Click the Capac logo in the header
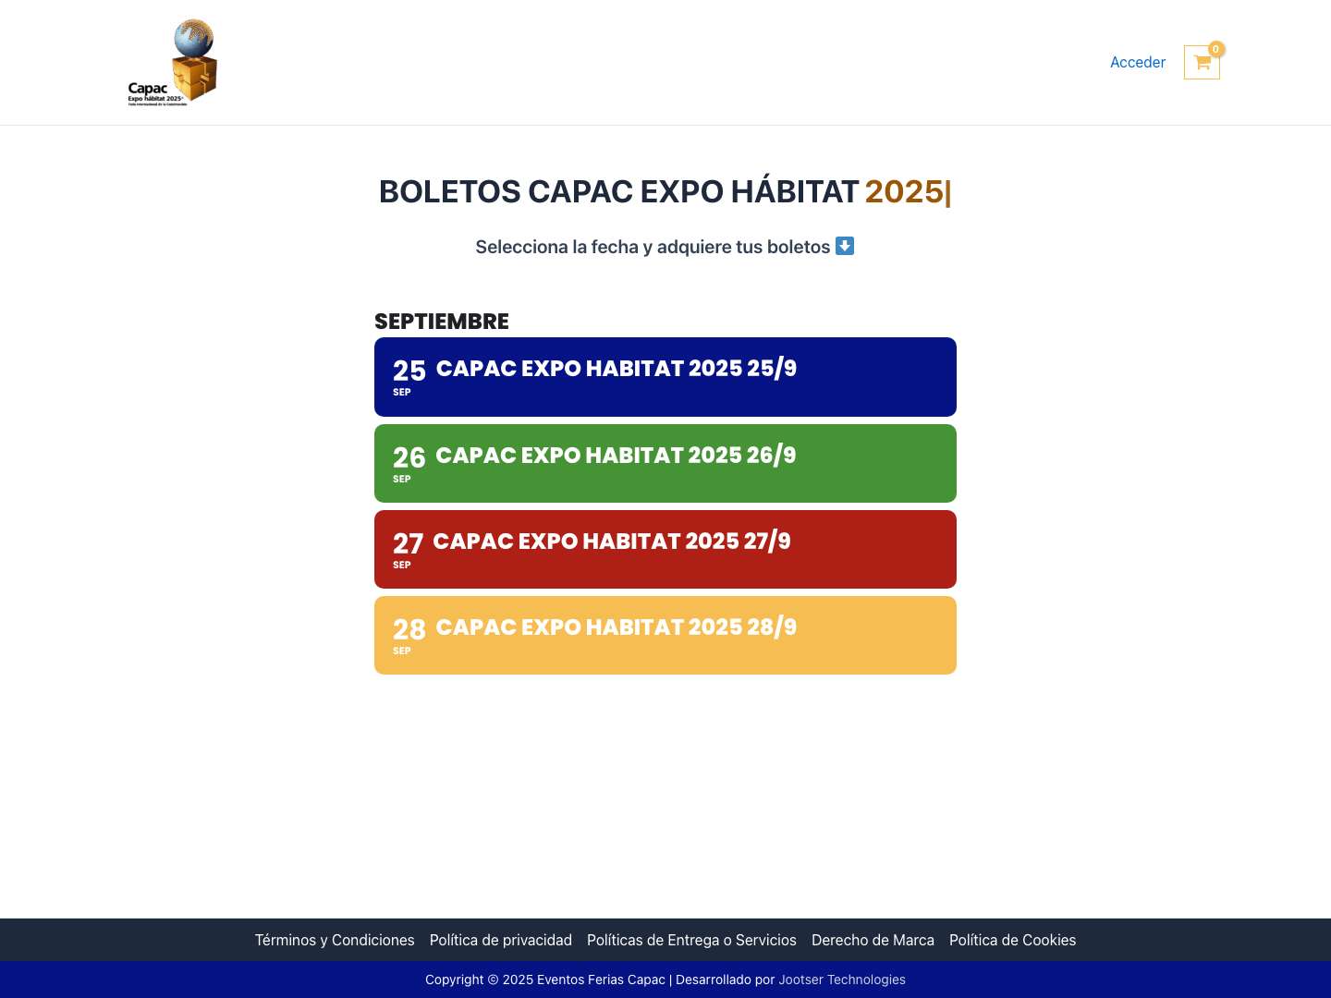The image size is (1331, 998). click(173, 63)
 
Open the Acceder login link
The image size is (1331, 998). click(1137, 62)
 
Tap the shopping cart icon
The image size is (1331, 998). click(1202, 63)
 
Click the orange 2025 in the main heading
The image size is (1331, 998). click(904, 191)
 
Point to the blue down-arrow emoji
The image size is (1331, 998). click(845, 246)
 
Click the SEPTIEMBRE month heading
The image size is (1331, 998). click(442, 322)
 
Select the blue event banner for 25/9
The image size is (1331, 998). click(665, 377)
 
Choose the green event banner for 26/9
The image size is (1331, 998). click(665, 464)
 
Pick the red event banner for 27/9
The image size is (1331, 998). click(665, 550)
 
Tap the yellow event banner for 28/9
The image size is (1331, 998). click(665, 636)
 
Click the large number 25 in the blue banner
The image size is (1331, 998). click(409, 371)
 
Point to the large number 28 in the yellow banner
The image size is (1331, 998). click(409, 629)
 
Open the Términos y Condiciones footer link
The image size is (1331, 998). click(335, 940)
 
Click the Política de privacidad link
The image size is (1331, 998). click(501, 940)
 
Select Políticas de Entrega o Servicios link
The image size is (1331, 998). click(691, 940)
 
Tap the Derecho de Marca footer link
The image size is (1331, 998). click(873, 940)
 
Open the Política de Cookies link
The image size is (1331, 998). click(1012, 940)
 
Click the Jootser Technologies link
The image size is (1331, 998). click(842, 980)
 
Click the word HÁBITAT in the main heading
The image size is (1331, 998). click(795, 191)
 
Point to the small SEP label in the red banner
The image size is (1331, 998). click(402, 565)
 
